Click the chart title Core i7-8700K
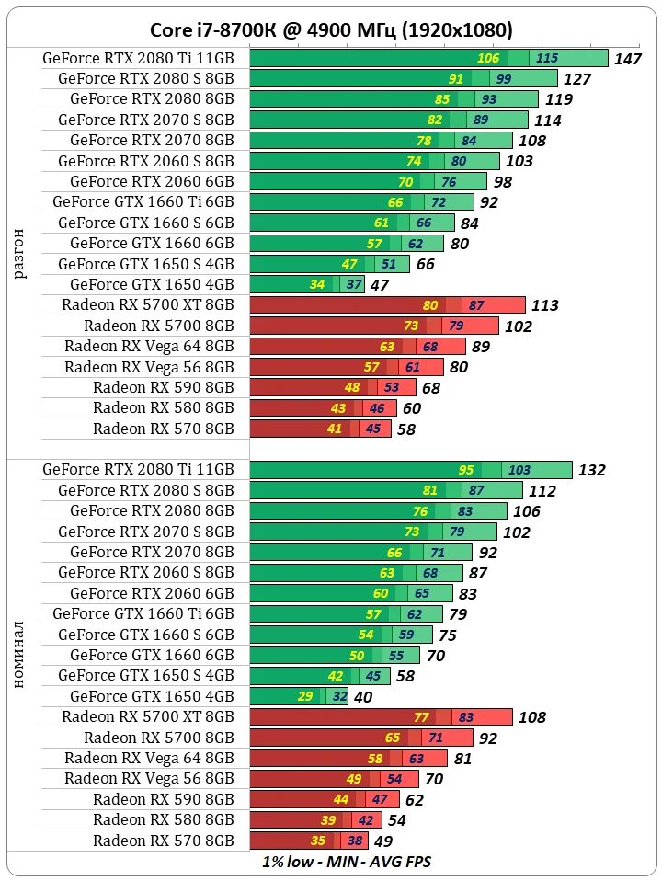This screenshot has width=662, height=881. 332,30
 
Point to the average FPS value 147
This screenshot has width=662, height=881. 628,59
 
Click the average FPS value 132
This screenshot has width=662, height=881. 591,470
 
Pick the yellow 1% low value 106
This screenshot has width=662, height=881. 488,58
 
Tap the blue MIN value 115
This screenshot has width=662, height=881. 546,58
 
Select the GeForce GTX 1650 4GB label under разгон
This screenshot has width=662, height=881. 152,284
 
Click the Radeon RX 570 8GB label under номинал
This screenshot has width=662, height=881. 164,841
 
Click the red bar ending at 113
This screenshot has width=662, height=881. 387,305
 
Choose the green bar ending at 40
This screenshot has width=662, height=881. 299,696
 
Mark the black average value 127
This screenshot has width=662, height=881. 577,79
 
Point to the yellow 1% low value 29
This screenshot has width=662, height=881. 306,696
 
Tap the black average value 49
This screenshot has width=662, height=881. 383,841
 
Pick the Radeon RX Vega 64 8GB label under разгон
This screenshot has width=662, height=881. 149,346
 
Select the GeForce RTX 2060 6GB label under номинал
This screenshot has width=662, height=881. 152,593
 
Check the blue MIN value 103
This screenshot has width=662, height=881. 519,470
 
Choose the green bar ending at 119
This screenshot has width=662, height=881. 394,99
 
